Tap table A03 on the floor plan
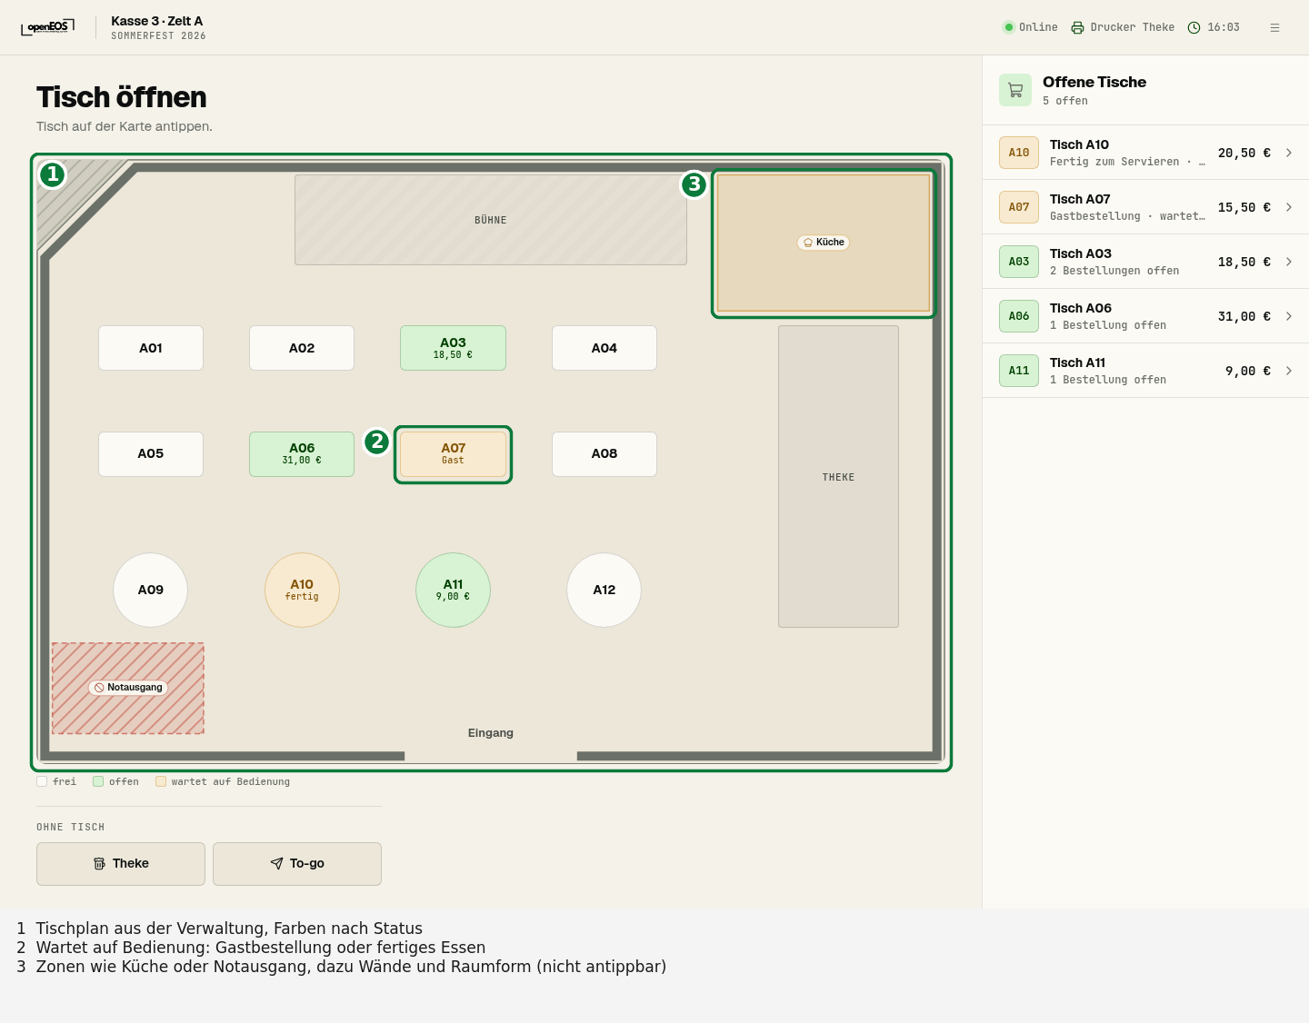coord(453,348)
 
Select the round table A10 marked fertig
coord(302,590)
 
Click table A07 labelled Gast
coord(453,454)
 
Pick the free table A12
coord(604,590)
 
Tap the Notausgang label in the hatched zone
coord(128,687)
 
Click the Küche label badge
coord(824,242)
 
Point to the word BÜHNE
coord(490,220)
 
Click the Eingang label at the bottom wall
coord(490,733)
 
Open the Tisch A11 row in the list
coord(1145,371)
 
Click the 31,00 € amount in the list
coord(1244,316)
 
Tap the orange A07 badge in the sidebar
coord(1019,207)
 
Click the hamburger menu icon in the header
coord(1274,27)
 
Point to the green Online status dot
coord(1008,27)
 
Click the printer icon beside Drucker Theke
coord(1078,27)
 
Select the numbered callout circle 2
coord(377,442)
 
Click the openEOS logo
coord(47,27)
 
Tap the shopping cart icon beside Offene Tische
coord(1015,90)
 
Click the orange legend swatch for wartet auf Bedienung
coord(161,781)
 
